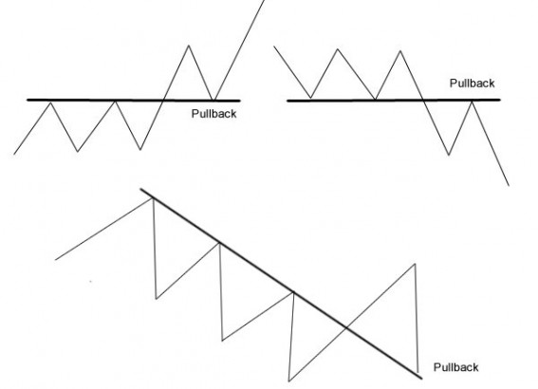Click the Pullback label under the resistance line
(213, 114)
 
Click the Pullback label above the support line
(473, 83)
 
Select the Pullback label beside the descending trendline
(456, 367)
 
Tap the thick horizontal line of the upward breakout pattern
(134, 101)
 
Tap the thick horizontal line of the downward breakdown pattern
(394, 101)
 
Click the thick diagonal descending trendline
(282, 284)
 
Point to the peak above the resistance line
(189, 46)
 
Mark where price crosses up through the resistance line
(163, 101)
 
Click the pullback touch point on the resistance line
(213, 101)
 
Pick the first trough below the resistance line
(78, 151)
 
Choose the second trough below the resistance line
(140, 150)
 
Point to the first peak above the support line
(338, 49)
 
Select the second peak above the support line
(400, 51)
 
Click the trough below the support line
(449, 155)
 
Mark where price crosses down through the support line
(424, 101)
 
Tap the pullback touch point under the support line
(473, 101)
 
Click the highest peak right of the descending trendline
(416, 264)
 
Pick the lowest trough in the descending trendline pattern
(289, 380)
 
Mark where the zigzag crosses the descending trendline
(346, 328)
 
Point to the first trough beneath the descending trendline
(157, 299)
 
